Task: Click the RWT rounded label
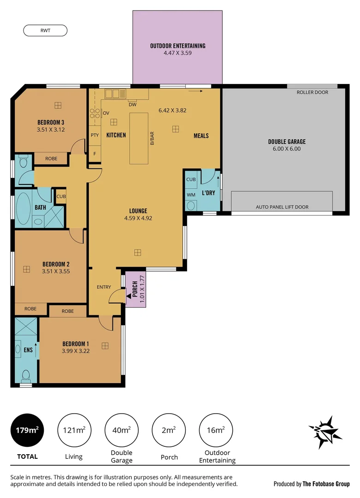(x=45, y=30)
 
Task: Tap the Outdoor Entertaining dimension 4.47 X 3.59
(x=177, y=53)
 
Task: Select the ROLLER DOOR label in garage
(x=312, y=92)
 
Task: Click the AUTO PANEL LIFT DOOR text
(x=282, y=207)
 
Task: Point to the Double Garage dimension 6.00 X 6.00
(x=287, y=149)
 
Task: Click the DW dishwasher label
(x=132, y=105)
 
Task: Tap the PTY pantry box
(x=94, y=136)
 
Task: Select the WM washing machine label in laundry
(x=191, y=194)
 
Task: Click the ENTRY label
(x=104, y=287)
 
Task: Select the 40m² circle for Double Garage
(x=122, y=430)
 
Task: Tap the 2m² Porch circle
(x=168, y=430)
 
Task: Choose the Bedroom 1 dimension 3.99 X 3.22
(x=75, y=351)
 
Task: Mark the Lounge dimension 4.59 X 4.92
(x=137, y=218)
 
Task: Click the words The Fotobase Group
(x=326, y=484)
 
